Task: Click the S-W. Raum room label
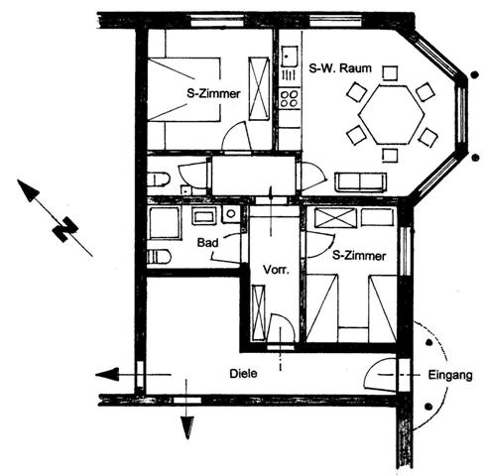[340, 68]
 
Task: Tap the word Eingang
[450, 376]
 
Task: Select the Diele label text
[243, 374]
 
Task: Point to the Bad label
[207, 243]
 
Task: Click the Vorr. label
[276, 270]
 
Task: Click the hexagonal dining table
[392, 114]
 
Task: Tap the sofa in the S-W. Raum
[360, 182]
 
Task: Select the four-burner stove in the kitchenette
[290, 98]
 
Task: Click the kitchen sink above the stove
[290, 57]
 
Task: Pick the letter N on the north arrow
[65, 229]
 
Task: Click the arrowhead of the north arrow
[28, 190]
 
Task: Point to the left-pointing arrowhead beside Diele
[107, 375]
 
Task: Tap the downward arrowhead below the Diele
[187, 427]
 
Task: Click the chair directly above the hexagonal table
[390, 73]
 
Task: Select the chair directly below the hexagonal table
[390, 156]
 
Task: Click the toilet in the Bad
[159, 257]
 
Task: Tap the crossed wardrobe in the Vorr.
[259, 313]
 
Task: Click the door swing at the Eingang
[380, 374]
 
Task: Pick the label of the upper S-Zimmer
[213, 93]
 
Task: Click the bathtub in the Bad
[165, 223]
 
